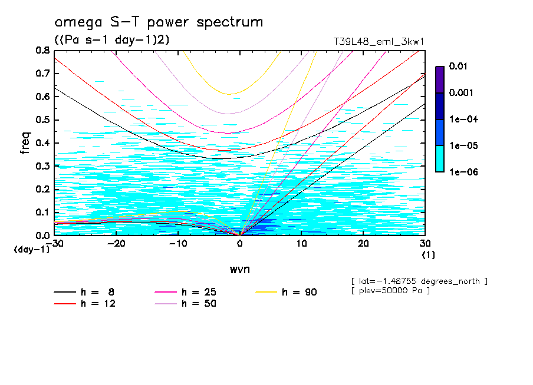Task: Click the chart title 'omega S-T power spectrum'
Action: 159,22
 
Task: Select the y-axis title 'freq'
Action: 25,142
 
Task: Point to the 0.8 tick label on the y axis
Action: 42,51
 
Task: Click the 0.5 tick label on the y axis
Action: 42,120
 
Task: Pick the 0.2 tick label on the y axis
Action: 42,189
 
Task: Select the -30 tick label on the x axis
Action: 54,243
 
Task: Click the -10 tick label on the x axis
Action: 177,243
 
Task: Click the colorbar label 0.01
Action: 458,67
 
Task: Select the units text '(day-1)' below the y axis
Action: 31,250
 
